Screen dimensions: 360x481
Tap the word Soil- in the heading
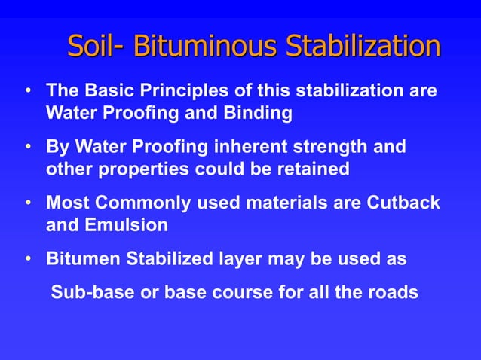click(97, 47)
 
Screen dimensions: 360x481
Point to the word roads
click(394, 291)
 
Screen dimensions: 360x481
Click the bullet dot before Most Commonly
click(28, 204)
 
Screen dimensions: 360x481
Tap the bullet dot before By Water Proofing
click(28, 145)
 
